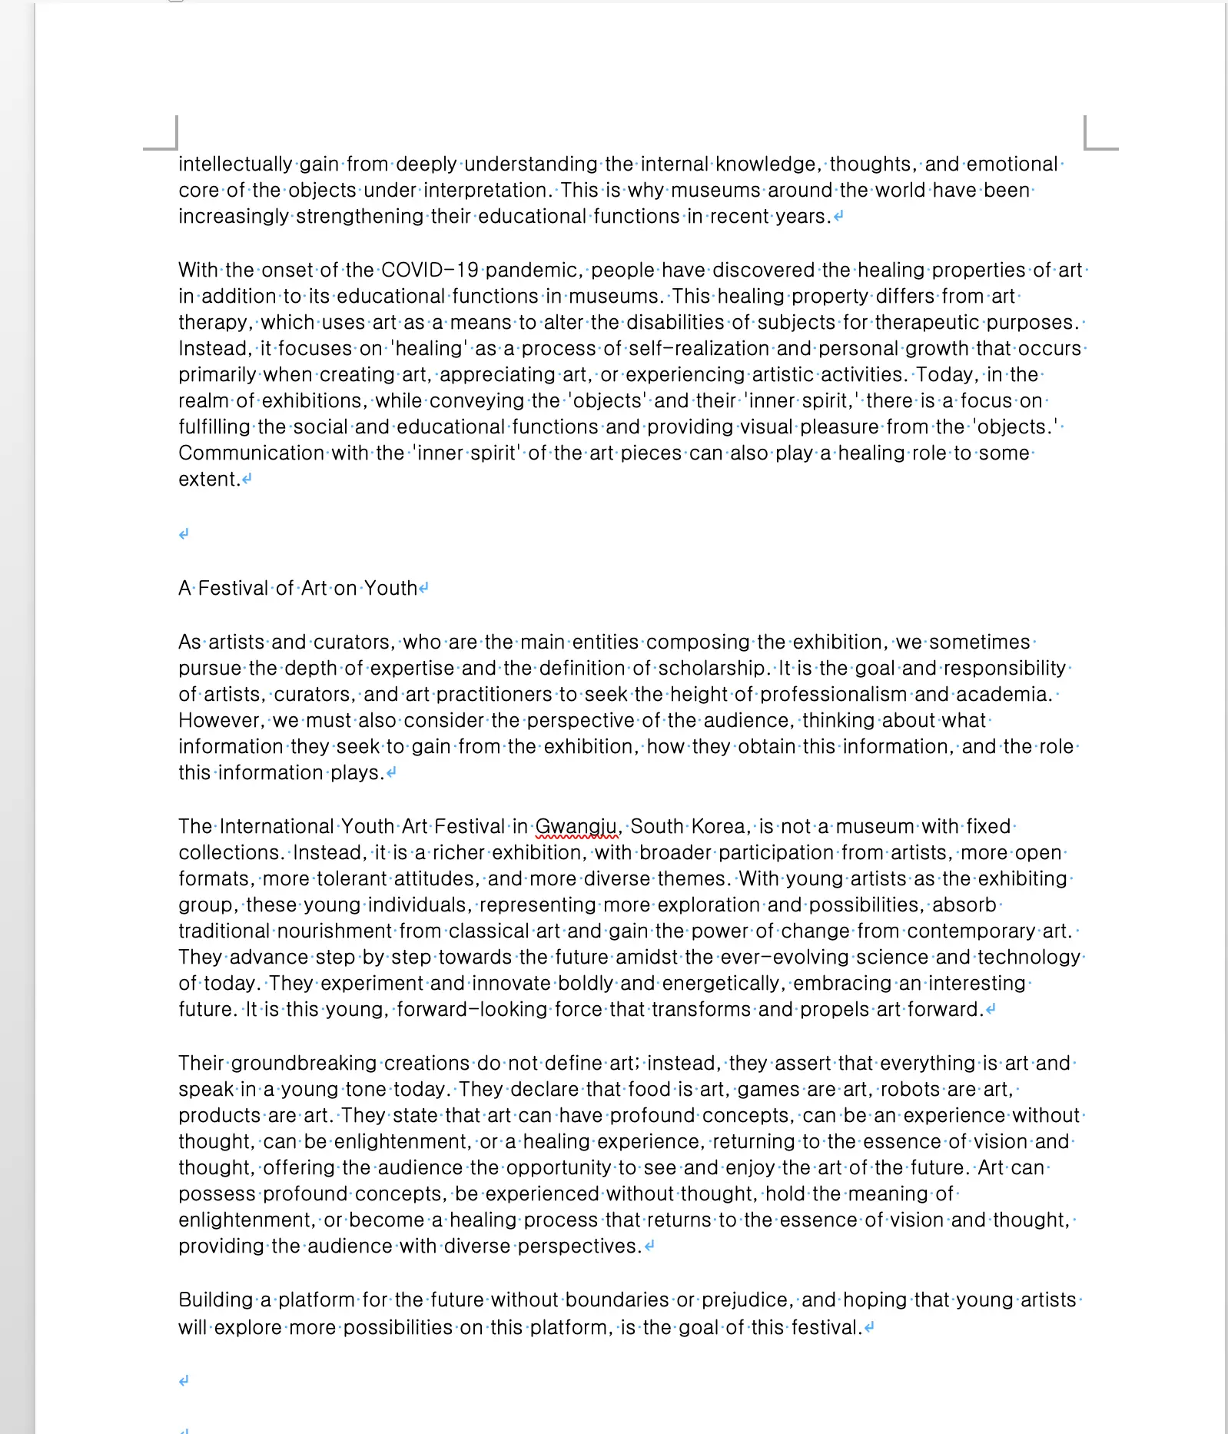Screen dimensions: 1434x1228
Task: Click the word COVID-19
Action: coord(430,271)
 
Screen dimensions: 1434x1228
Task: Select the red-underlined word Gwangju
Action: coord(576,827)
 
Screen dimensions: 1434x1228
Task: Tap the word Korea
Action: coord(719,827)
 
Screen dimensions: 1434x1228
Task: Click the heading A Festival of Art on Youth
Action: coord(298,589)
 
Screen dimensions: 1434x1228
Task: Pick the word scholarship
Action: coord(713,669)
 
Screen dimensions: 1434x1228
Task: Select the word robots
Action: coord(910,1090)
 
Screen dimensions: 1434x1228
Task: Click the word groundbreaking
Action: coord(304,1064)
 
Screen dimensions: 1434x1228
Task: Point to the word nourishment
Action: coord(334,931)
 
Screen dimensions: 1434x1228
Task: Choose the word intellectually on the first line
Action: coord(235,164)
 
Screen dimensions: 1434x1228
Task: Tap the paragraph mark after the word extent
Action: coord(247,480)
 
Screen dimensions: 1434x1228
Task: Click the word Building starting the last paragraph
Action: coord(215,1300)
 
